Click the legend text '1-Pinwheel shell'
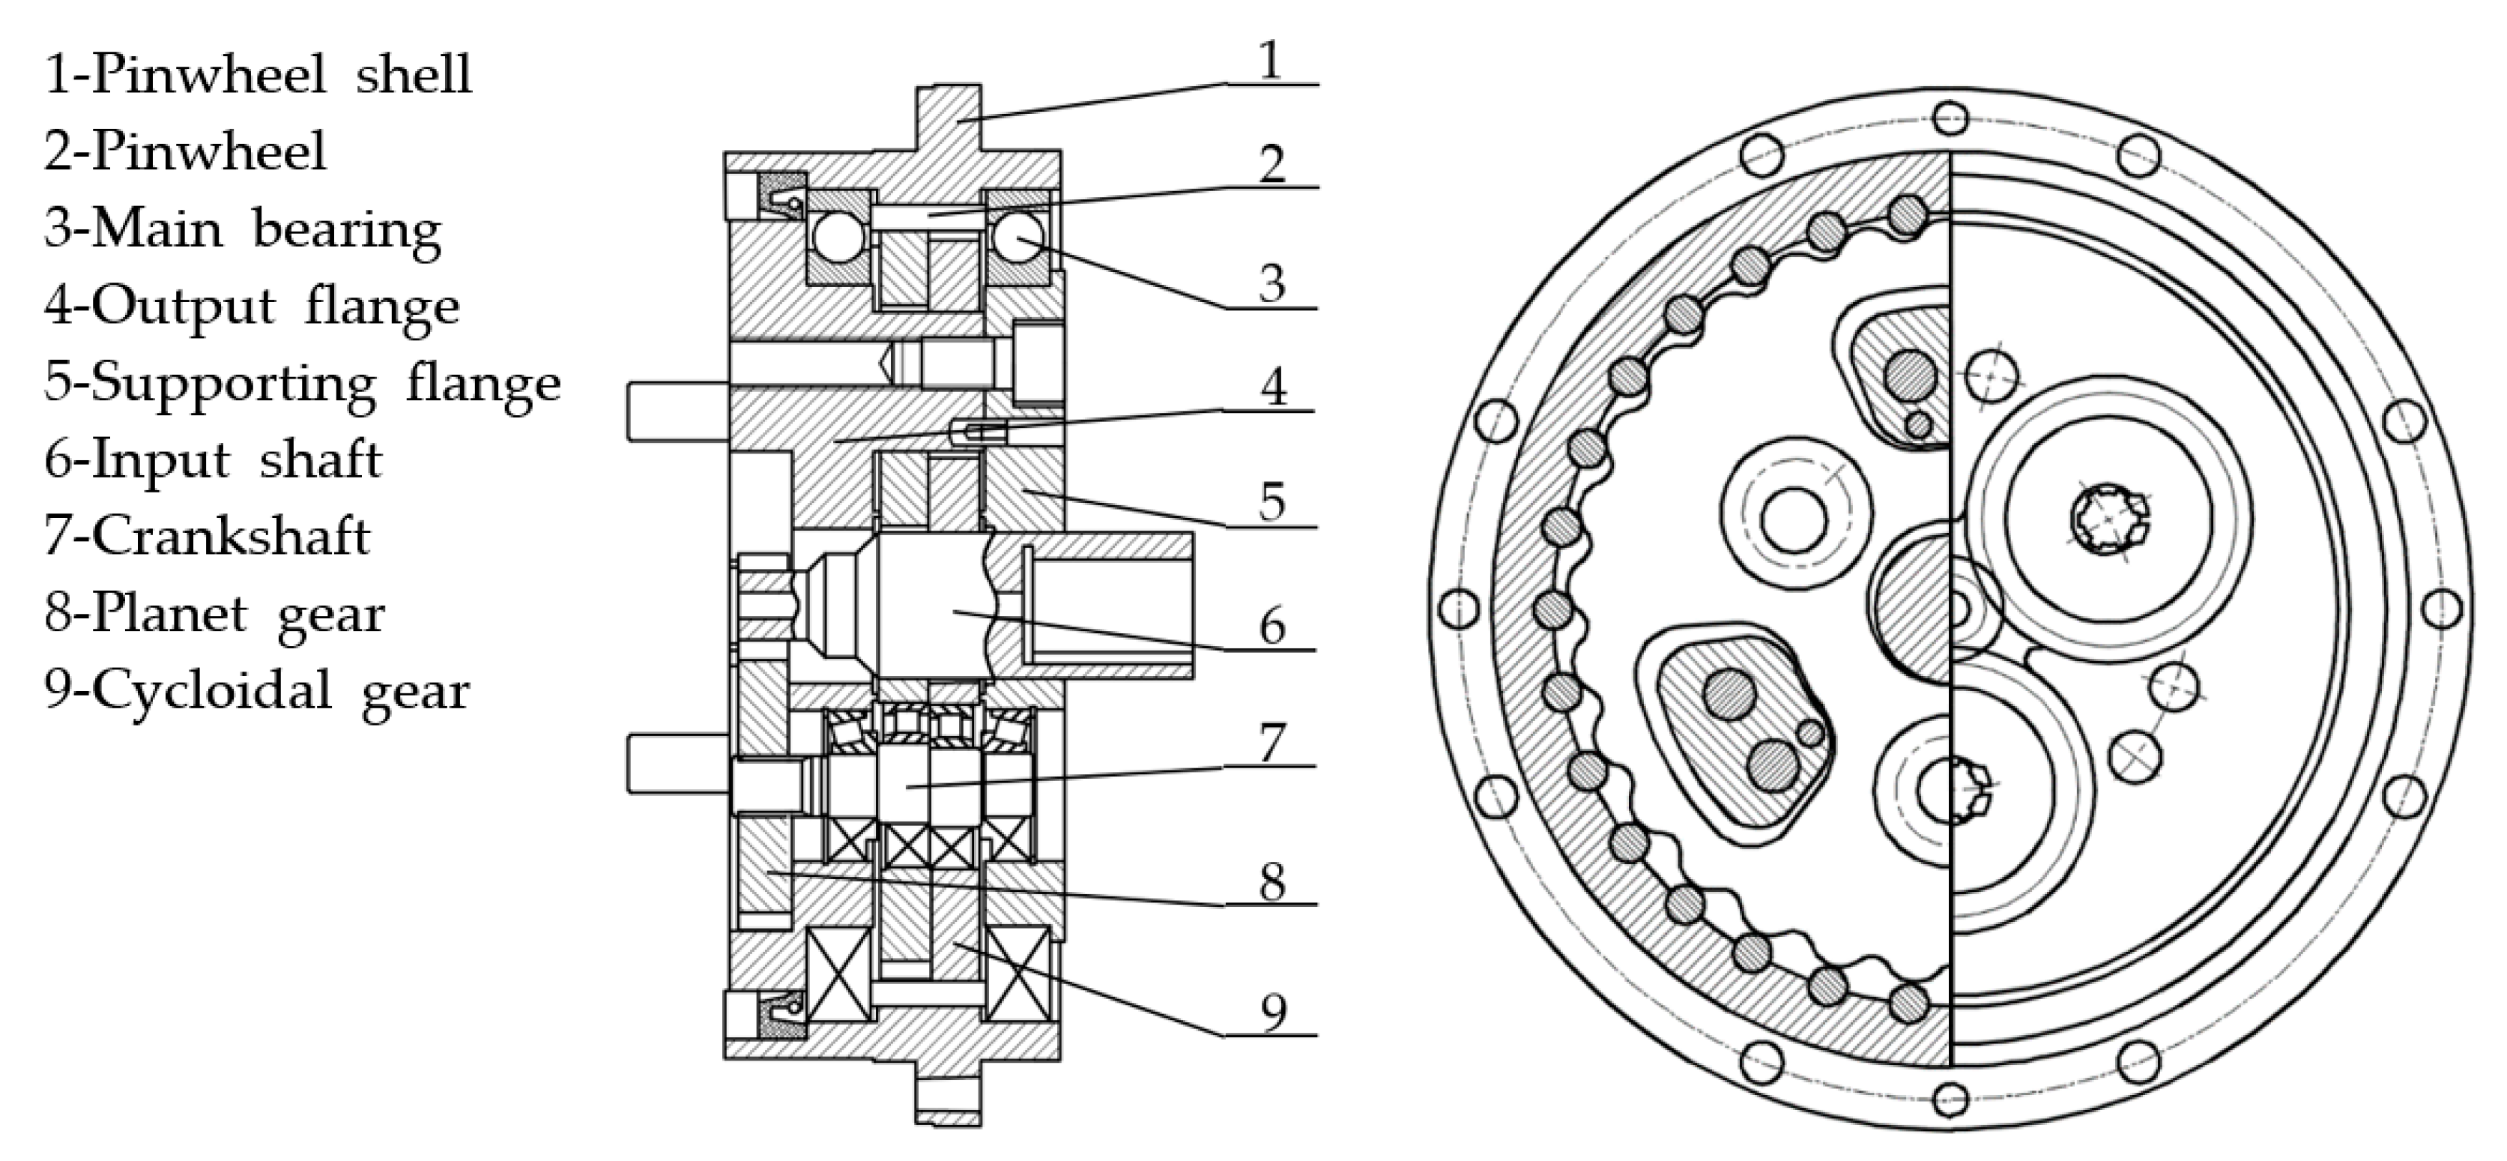(258, 74)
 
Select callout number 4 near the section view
(1273, 386)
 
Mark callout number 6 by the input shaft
(1272, 626)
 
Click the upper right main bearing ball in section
(1016, 238)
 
